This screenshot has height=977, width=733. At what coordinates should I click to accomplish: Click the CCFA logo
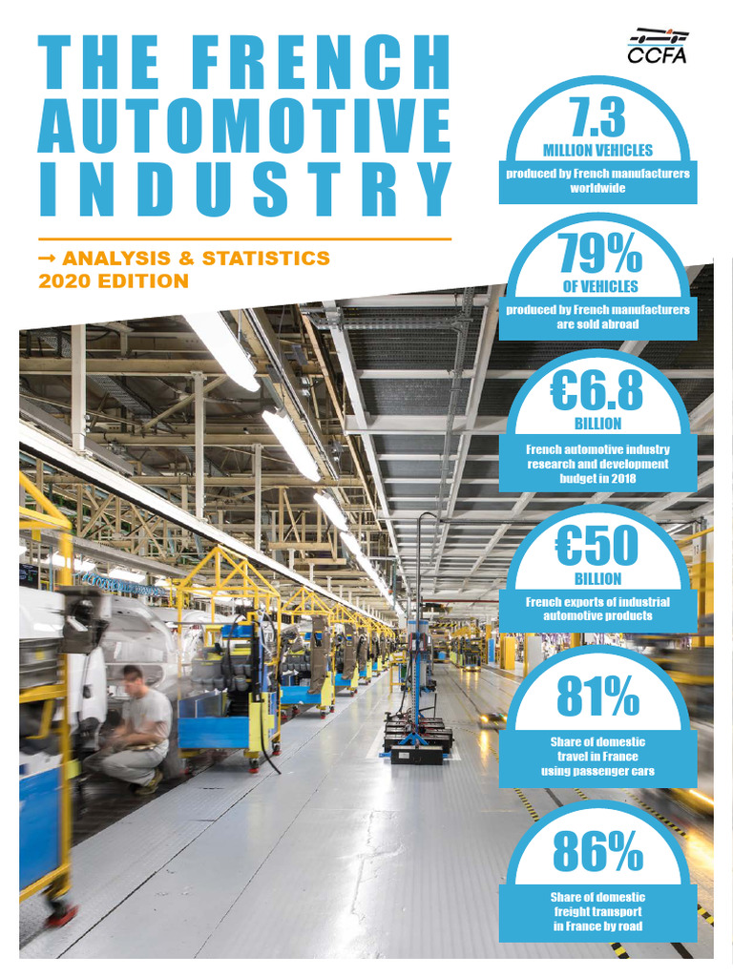(x=658, y=44)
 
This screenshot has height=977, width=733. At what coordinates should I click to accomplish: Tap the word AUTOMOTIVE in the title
(x=244, y=125)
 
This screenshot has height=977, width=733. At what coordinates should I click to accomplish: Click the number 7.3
(x=597, y=118)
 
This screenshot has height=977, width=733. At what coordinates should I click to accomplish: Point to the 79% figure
(x=597, y=254)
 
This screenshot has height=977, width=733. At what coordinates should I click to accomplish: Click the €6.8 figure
(x=597, y=391)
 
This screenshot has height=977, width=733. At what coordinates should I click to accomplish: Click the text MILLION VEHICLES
(x=597, y=151)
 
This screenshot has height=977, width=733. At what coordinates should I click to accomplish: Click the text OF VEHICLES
(x=597, y=286)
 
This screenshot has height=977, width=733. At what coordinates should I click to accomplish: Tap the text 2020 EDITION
(x=114, y=281)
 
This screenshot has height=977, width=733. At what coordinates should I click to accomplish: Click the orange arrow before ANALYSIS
(x=47, y=259)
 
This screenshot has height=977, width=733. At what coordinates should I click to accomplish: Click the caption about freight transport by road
(x=597, y=911)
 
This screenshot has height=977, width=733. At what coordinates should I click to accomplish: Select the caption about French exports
(x=597, y=609)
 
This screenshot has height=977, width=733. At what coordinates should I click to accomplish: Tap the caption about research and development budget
(x=597, y=464)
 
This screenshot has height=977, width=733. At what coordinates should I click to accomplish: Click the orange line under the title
(x=244, y=239)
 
